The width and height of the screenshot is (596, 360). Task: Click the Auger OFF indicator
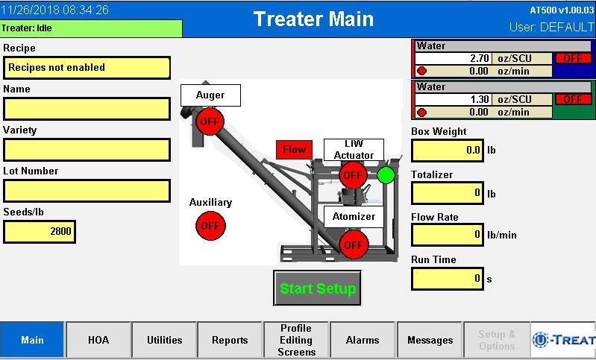(x=210, y=121)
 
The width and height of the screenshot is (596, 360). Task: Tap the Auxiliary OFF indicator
(x=210, y=226)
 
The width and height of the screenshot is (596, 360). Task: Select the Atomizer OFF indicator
(x=354, y=245)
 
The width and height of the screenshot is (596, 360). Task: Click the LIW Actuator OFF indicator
(x=353, y=175)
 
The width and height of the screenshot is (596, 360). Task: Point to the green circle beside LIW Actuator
(x=386, y=175)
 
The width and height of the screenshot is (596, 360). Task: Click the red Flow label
(x=294, y=150)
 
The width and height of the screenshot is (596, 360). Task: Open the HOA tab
(x=98, y=340)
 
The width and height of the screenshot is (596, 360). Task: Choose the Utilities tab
(x=165, y=340)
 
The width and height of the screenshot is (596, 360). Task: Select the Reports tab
(x=230, y=340)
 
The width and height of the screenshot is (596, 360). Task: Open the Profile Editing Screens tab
(x=296, y=340)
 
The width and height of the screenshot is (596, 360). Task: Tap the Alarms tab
(x=363, y=340)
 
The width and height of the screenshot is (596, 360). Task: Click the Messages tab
(x=430, y=340)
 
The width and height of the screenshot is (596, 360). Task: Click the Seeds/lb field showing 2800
(x=40, y=232)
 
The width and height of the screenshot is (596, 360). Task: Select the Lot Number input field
(x=87, y=191)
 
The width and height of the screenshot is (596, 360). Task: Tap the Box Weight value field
(x=448, y=151)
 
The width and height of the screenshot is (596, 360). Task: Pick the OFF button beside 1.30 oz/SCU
(x=573, y=99)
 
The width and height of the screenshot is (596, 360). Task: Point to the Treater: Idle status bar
(x=91, y=28)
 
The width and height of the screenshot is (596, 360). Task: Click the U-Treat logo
(x=563, y=340)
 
